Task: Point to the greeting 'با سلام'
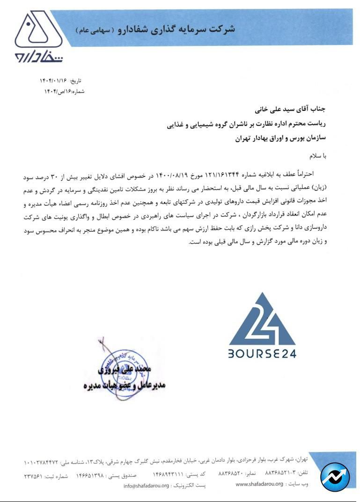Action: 316,156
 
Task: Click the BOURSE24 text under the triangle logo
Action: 262,354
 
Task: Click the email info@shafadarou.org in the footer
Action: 146,485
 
